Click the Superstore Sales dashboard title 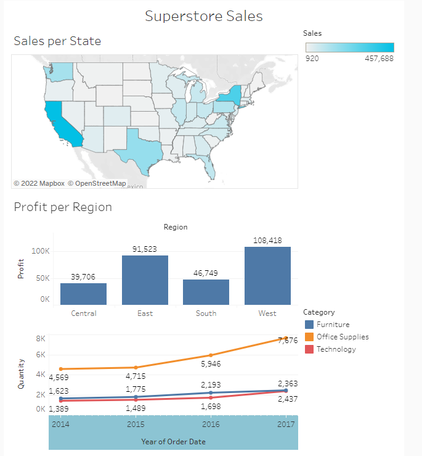tap(203, 16)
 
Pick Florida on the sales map tap(211, 165)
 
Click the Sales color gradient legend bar tap(349, 48)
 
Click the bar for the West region tap(267, 275)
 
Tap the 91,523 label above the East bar tap(145, 249)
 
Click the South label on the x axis tap(206, 313)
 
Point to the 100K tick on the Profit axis tap(41, 251)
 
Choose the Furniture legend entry tap(333, 325)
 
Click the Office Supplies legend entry tap(343, 337)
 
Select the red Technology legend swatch tap(309, 349)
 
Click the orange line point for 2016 tap(211, 355)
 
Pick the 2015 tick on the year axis tap(136, 425)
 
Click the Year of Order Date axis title tap(173, 441)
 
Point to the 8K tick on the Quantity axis tap(41, 338)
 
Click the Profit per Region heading tap(63, 207)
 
